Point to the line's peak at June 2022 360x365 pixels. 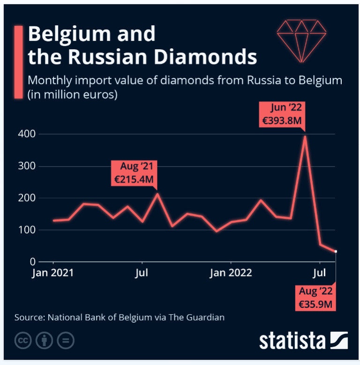tap(305, 137)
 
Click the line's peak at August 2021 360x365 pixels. tap(157, 194)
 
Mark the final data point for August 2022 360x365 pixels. tap(336, 251)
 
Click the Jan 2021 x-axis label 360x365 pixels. tap(53, 273)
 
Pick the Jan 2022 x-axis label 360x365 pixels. tap(231, 273)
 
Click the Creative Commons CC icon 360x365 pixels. tap(23, 341)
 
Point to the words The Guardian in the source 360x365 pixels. tap(196, 317)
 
